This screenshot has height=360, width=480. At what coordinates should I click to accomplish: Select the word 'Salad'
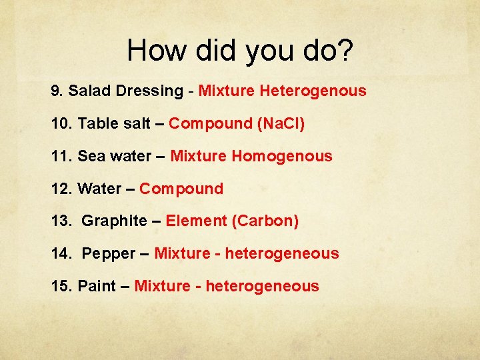tap(89, 91)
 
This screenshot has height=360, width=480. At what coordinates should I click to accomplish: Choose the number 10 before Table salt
tap(60, 123)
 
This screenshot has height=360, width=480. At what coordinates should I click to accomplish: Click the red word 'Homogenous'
tap(281, 156)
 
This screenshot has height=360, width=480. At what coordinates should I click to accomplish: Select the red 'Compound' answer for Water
tap(181, 189)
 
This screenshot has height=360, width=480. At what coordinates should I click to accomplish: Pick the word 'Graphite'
tap(114, 221)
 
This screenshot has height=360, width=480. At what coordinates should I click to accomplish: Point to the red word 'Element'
tap(196, 221)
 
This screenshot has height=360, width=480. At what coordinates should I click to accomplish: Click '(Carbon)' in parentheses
tap(265, 221)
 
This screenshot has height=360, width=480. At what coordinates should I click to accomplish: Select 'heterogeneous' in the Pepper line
tap(282, 253)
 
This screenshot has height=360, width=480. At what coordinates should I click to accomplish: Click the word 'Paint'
tap(97, 286)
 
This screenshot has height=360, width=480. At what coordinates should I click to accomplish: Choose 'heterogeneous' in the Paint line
tap(263, 286)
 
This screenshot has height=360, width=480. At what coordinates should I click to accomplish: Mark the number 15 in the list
tap(60, 286)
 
